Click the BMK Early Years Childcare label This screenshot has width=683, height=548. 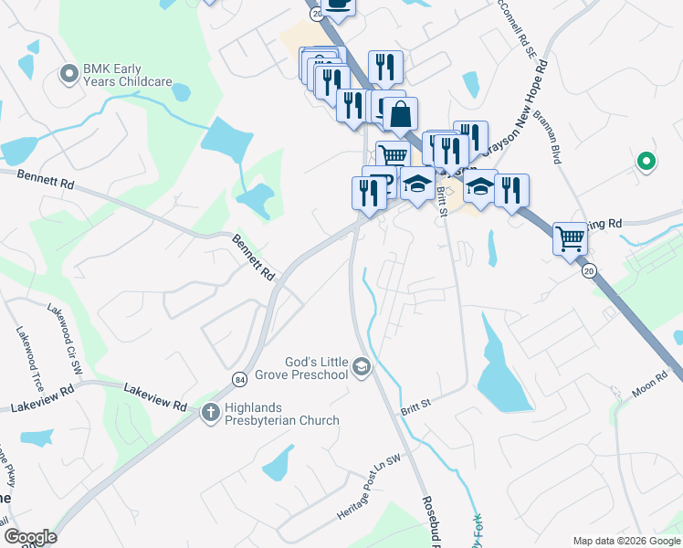[x=128, y=75]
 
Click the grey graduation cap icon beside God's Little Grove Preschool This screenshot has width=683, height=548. [x=362, y=367]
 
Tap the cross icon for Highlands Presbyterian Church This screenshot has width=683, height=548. [x=209, y=414]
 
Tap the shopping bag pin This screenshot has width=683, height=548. [x=400, y=115]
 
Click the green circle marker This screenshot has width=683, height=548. [x=646, y=162]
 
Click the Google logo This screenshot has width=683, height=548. [x=30, y=537]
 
